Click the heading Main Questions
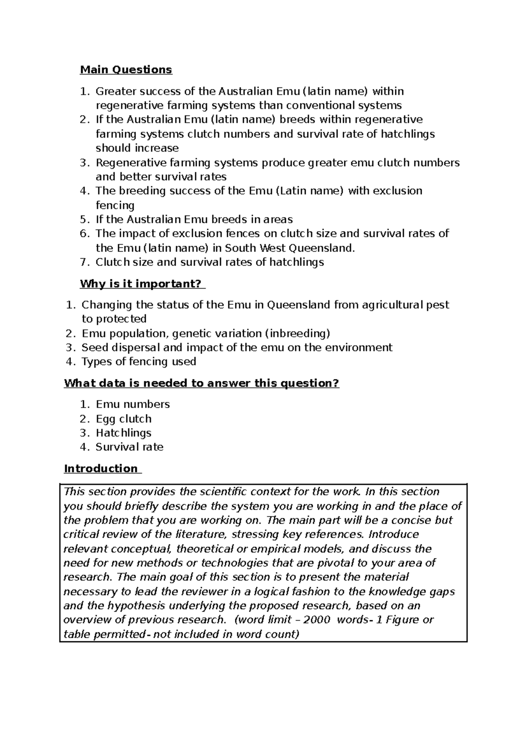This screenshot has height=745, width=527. click(x=126, y=70)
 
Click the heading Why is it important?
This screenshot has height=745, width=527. click(x=142, y=284)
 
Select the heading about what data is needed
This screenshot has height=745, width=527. click(x=202, y=383)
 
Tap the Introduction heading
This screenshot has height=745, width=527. click(x=101, y=469)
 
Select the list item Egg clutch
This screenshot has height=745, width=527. click(x=123, y=419)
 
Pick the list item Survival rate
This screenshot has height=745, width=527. click(x=129, y=447)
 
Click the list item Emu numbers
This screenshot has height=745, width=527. click(x=132, y=405)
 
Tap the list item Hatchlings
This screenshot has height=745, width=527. click(x=123, y=433)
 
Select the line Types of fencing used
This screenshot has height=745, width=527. click(x=138, y=362)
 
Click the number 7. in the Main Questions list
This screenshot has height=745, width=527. click(x=85, y=263)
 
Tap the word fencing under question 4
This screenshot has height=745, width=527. click(x=115, y=206)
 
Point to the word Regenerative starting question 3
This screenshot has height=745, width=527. click(x=131, y=163)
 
